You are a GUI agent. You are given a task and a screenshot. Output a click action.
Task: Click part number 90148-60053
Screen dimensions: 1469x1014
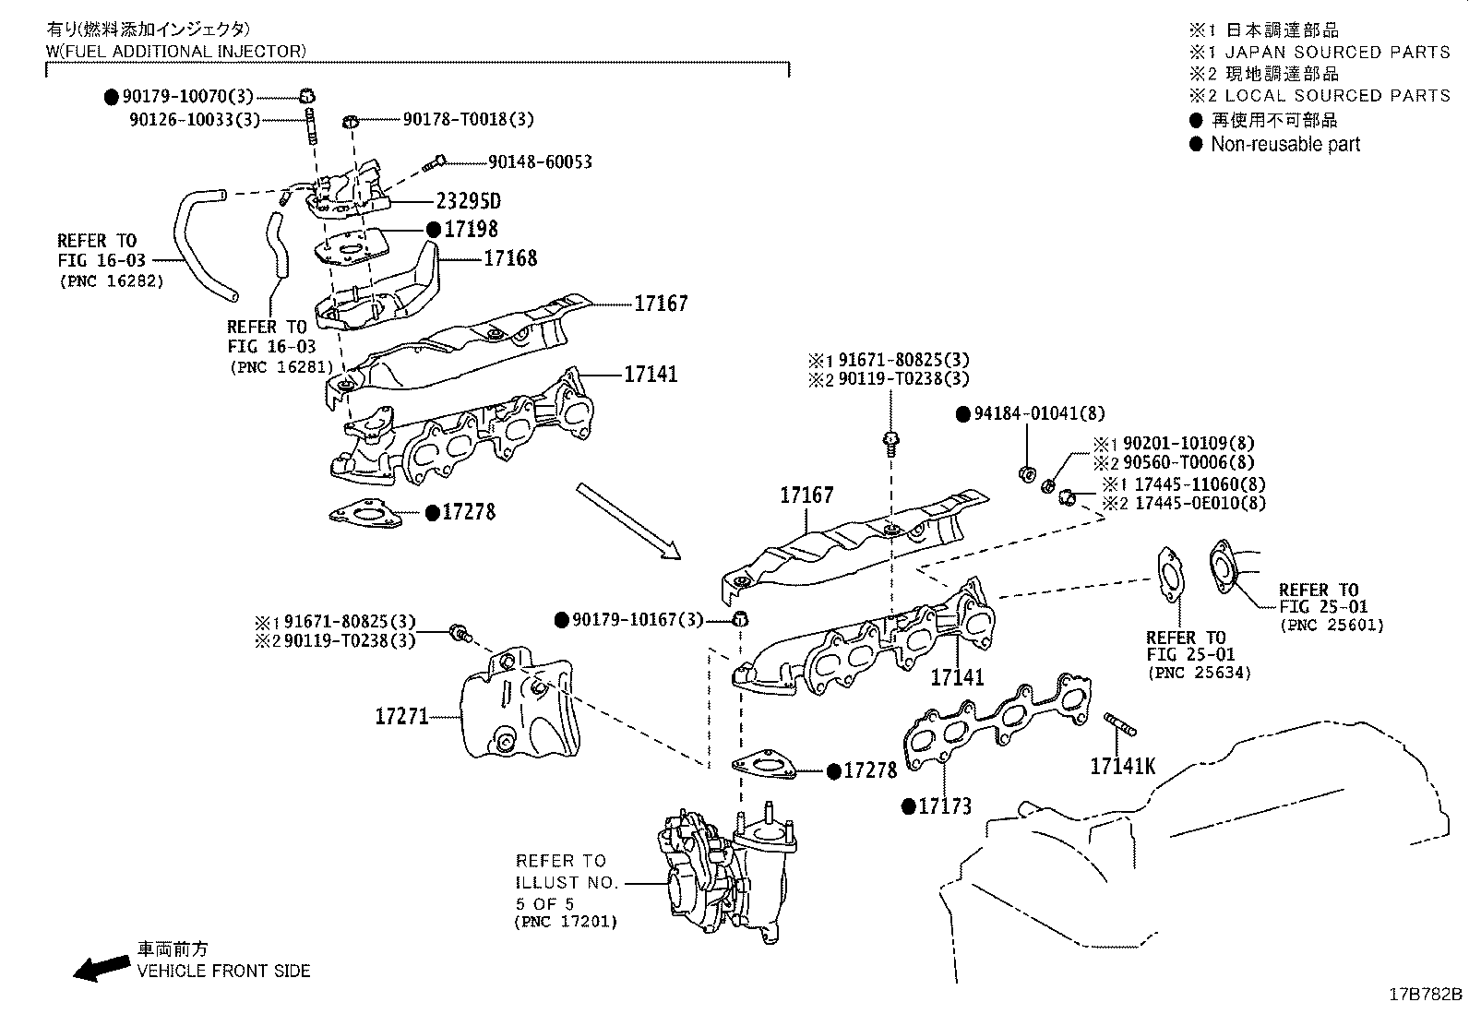click(x=540, y=162)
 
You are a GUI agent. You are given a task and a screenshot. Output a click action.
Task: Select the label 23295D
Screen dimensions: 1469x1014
click(x=468, y=201)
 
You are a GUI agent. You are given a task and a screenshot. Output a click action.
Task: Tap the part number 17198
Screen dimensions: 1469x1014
click(x=471, y=229)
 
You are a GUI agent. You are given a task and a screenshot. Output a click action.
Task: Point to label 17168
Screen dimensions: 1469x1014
click(x=510, y=258)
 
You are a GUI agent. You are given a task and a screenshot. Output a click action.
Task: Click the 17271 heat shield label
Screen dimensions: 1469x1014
click(x=401, y=716)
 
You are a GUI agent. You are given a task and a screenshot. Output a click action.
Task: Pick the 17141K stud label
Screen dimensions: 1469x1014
click(x=1123, y=766)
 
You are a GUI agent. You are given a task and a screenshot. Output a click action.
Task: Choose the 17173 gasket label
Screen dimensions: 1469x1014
click(x=944, y=806)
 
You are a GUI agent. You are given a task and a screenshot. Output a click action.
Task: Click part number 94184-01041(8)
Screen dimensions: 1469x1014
click(x=1039, y=413)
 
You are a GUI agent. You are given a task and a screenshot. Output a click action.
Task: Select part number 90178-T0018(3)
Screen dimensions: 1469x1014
click(x=468, y=119)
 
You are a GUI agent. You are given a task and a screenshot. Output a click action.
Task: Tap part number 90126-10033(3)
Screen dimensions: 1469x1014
click(x=195, y=120)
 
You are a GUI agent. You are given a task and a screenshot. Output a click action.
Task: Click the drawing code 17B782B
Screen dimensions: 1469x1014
click(x=1426, y=995)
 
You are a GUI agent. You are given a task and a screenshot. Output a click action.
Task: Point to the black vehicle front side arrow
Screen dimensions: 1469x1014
click(x=101, y=968)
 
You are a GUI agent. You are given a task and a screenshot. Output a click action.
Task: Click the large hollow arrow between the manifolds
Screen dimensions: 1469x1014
click(x=628, y=521)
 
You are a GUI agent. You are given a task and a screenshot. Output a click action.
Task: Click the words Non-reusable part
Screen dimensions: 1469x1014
click(x=1285, y=144)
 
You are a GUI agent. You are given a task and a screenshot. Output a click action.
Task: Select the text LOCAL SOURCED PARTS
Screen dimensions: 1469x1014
click(x=1338, y=96)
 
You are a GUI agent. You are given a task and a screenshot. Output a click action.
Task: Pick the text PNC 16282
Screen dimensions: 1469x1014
click(x=113, y=281)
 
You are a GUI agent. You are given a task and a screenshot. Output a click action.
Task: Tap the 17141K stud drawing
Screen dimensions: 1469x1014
click(x=1120, y=724)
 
